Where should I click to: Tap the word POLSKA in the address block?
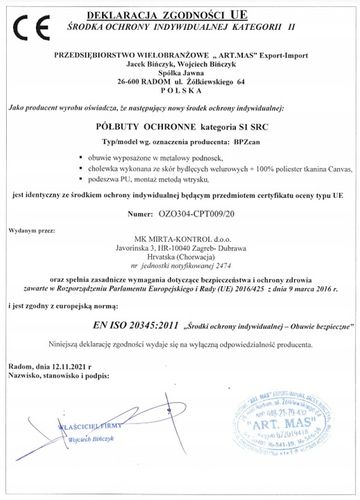point(180,86)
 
